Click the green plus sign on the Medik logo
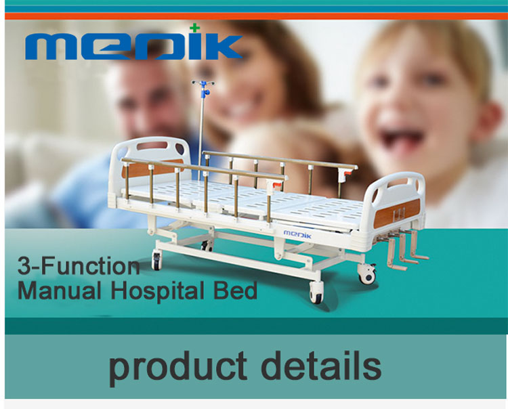[x=194, y=28]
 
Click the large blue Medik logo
[x=134, y=47]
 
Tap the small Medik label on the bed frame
[x=297, y=234]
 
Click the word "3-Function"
[x=79, y=266]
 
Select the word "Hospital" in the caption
[x=157, y=290]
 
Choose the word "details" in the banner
[x=321, y=365]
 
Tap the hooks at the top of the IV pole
[x=203, y=83]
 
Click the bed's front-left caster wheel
[x=157, y=261]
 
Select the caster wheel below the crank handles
[x=367, y=274]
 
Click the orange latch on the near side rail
[x=276, y=186]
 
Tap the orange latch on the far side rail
[x=347, y=173]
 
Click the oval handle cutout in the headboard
[x=152, y=146]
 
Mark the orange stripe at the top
[x=256, y=16]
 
